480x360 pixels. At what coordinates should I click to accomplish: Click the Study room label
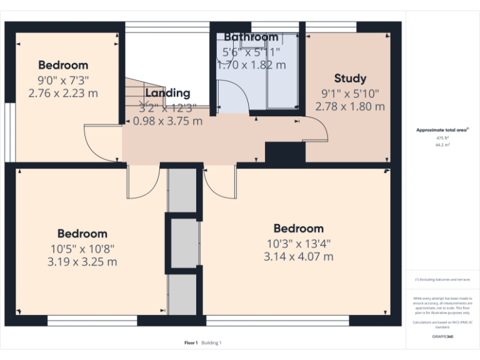[350, 79]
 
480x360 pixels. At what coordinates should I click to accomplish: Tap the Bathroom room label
[251, 37]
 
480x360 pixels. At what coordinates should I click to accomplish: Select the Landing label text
[167, 93]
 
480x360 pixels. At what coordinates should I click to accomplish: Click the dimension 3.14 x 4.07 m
[299, 256]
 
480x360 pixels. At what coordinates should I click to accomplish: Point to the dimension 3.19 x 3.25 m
[82, 262]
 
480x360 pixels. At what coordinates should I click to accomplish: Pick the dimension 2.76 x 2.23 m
[63, 93]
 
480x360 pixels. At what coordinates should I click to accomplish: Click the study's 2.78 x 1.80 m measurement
[350, 107]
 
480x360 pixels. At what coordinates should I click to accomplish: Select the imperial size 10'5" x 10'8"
[82, 248]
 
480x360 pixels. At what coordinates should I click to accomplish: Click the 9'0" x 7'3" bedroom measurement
[63, 79]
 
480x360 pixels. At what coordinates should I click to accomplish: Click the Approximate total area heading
[442, 130]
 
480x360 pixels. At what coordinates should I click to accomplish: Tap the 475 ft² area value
[442, 137]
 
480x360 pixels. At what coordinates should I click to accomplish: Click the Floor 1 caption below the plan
[191, 342]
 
